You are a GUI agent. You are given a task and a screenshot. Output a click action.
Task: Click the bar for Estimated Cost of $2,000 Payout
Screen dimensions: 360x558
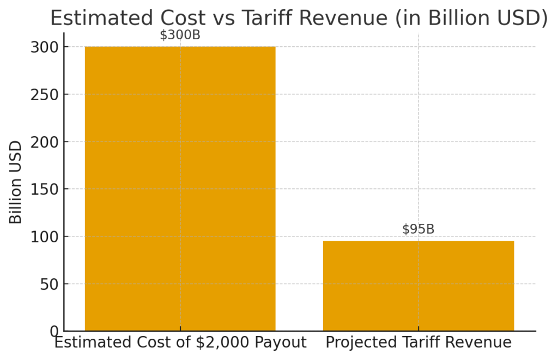pos(180,188)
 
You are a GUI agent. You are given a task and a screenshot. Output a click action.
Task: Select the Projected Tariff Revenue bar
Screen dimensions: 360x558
pos(418,285)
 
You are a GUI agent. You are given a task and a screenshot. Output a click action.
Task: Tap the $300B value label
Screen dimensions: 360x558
pos(180,35)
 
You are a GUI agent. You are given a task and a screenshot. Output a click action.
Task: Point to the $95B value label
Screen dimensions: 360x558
pos(418,229)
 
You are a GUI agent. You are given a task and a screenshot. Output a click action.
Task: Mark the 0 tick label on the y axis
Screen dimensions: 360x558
pos(54,331)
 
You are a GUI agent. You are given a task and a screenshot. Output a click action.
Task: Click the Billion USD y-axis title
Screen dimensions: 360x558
pos(16,182)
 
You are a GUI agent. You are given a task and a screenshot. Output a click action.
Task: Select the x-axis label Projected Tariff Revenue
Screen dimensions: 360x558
pos(418,343)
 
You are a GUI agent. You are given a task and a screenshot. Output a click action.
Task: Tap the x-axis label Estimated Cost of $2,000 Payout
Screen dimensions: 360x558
pos(180,343)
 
